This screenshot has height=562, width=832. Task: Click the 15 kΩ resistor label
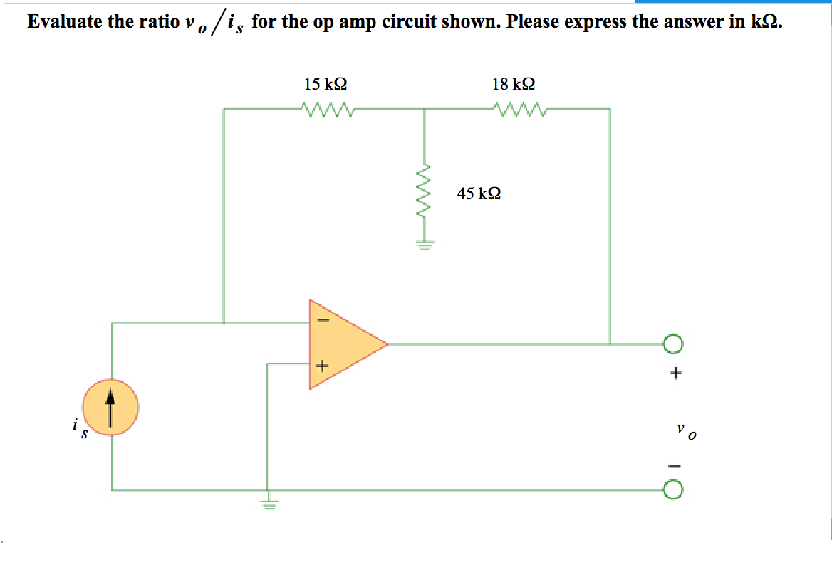click(326, 84)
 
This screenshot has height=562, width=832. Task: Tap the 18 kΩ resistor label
click(514, 84)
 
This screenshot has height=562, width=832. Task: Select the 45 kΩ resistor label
click(479, 193)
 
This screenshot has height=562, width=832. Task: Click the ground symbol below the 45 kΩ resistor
click(425, 246)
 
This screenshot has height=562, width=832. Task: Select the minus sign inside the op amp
click(321, 321)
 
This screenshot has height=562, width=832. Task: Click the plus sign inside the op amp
click(321, 366)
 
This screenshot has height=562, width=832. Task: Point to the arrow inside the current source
click(110, 408)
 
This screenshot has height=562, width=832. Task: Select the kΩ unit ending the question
click(766, 21)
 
